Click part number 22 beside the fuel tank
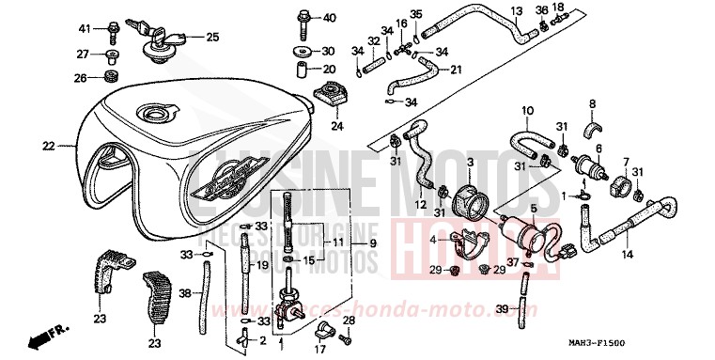48,146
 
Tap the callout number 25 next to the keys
212,38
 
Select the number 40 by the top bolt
329,18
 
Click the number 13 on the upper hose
516,10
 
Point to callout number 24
337,126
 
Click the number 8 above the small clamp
593,103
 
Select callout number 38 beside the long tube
185,293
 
